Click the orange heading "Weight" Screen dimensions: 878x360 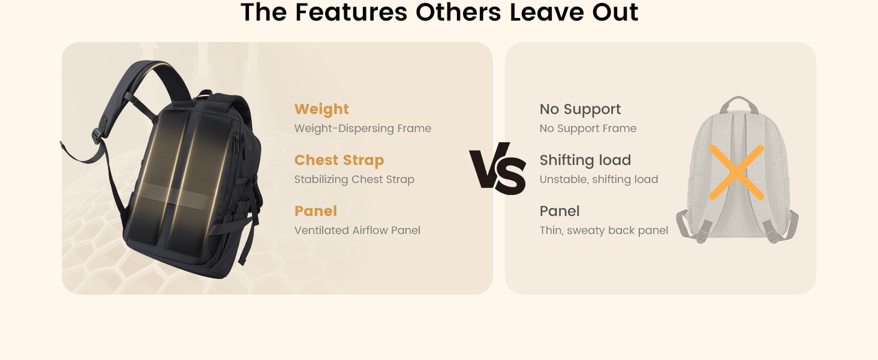[321, 109]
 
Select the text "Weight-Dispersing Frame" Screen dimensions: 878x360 [363, 128]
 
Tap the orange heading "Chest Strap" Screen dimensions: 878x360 [339, 160]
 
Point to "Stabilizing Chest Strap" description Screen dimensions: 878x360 [354, 179]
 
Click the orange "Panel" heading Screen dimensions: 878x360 [315, 211]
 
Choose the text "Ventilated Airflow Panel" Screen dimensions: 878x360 [357, 230]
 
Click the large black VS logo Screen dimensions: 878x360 [498, 169]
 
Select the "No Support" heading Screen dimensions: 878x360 [580, 109]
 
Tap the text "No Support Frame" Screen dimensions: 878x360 [588, 128]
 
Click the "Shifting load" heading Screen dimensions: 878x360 [585, 160]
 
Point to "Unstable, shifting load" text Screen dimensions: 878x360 [599, 179]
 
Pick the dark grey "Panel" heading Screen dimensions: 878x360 [560, 211]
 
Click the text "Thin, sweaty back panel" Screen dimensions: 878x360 [603, 230]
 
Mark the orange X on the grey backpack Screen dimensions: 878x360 [736, 172]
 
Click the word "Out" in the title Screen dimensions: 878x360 [615, 12]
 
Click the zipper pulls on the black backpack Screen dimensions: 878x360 [240, 146]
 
